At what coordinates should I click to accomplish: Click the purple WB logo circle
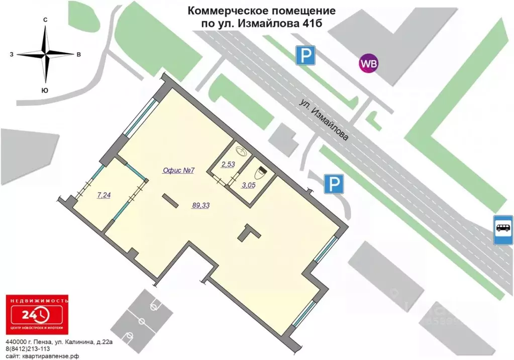pos(368,64)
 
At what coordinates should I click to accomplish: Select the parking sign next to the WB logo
pos(305,55)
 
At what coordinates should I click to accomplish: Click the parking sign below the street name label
pos(333,185)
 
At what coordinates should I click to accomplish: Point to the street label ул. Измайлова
pos(324,121)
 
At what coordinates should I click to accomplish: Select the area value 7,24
pos(104,196)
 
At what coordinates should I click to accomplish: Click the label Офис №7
pos(178,170)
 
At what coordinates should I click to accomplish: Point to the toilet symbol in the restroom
pos(260,173)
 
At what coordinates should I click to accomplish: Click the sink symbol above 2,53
pos(241,150)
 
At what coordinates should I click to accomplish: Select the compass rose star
pos(46,54)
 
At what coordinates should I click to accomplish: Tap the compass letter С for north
pos(45,19)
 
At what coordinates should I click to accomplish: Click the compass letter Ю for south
pos(45,90)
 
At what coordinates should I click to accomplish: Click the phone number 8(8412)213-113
pos(28,349)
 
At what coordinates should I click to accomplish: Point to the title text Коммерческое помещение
pos(262,10)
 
